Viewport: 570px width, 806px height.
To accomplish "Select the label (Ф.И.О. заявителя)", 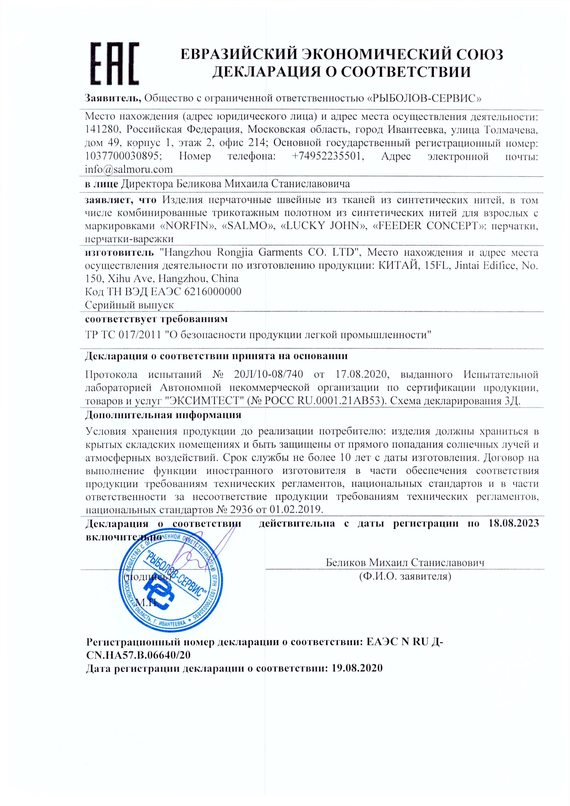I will tap(405, 576).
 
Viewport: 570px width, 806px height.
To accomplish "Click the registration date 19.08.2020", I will tap(357, 668).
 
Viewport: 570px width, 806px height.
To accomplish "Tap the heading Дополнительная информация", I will tap(163, 415).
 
